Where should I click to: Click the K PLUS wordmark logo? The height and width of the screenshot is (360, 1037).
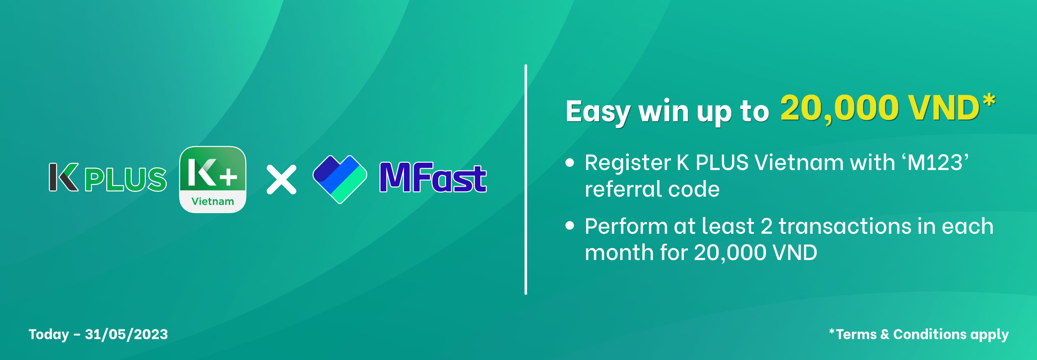coord(108,177)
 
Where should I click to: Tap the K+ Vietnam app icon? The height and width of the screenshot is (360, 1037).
coord(212,179)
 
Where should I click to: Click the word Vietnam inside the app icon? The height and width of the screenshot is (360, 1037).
coord(212,201)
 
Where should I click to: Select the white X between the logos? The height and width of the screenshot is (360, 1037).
coord(281,180)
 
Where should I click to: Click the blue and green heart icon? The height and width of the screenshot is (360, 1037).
coord(340,179)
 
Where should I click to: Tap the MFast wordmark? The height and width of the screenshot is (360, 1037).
coord(433,177)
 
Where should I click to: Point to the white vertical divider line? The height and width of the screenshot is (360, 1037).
coord(526,179)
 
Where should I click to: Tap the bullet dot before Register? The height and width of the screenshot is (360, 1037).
coord(570,163)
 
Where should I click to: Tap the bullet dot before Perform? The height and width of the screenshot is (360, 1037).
coord(570,225)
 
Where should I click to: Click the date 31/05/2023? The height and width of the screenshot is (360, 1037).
coord(126,334)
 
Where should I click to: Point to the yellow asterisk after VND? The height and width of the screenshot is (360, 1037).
coord(989,101)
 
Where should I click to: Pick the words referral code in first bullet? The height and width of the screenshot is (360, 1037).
coord(652,189)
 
